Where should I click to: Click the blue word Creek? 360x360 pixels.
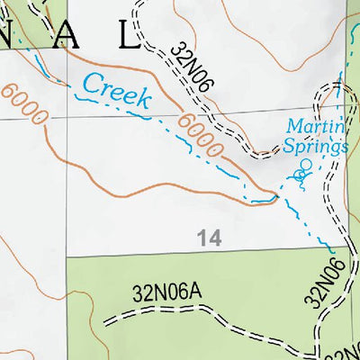coord(116,90)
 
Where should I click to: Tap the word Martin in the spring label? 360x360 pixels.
coord(310,126)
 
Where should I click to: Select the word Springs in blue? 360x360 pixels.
coord(317,145)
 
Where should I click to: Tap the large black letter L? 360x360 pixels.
coord(127,36)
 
